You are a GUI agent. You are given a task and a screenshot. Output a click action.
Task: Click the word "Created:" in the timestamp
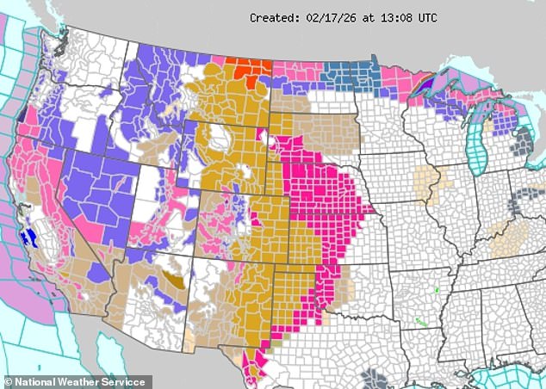pyautogui.click(x=273, y=17)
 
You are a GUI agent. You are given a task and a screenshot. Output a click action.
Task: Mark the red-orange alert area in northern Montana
pyautogui.click(x=250, y=71)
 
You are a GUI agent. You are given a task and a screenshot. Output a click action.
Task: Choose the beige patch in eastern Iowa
pyautogui.click(x=426, y=182)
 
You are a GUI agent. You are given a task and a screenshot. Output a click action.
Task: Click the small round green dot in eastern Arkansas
pyautogui.click(x=437, y=290)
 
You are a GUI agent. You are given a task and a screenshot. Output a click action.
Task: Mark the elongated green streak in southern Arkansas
pyautogui.click(x=421, y=323)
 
